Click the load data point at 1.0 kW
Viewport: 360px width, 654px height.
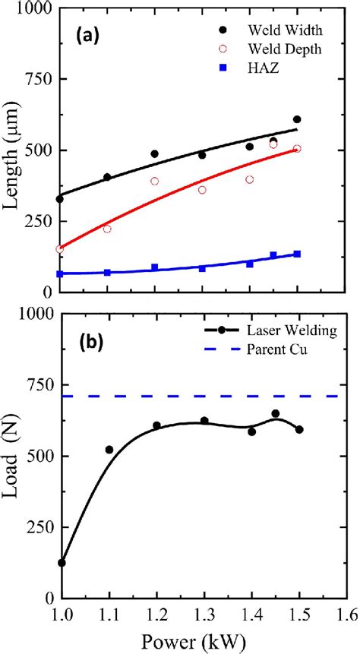(x=62, y=563)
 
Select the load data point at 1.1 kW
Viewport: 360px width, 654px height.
(x=109, y=450)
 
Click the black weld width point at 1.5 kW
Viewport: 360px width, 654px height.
(x=297, y=119)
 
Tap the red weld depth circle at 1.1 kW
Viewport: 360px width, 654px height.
(x=107, y=229)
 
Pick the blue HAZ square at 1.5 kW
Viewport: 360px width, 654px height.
(x=297, y=254)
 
